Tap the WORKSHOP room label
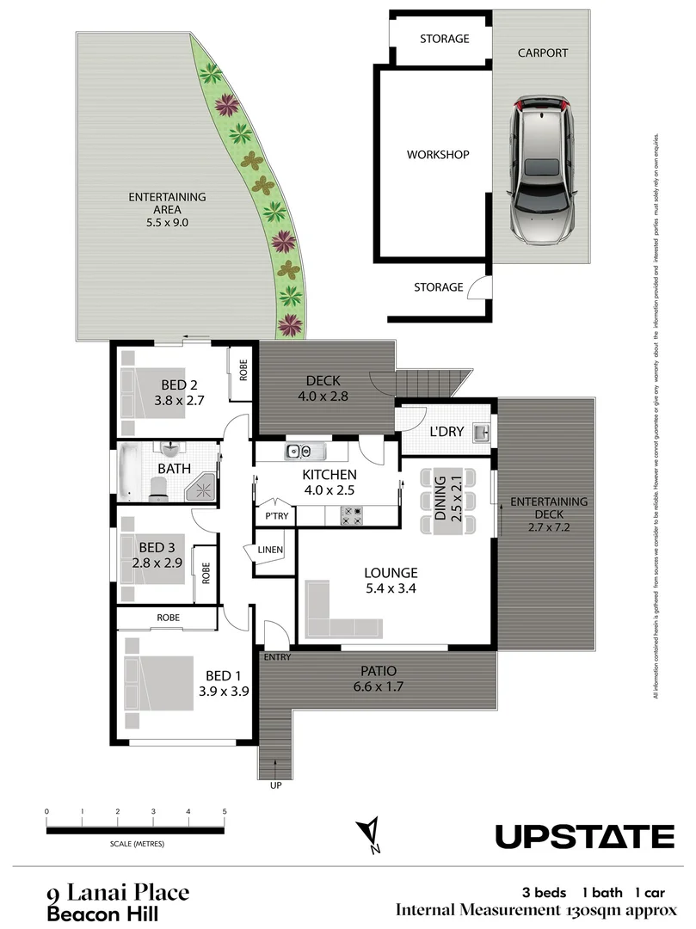pos(437,156)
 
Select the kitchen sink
pos(300,451)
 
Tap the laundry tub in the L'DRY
pos(483,432)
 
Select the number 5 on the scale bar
pos(225,811)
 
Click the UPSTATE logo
pos(584,836)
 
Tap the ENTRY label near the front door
pos(277,657)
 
